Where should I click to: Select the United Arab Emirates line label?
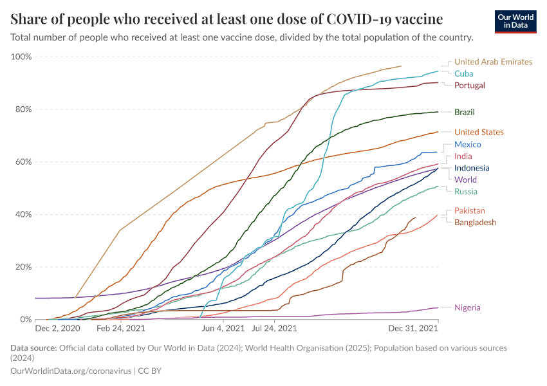tap(493, 62)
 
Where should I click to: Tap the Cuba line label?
tap(463, 73)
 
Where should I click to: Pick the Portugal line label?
tap(469, 85)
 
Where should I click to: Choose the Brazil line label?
tap(465, 112)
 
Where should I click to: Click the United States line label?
tap(479, 132)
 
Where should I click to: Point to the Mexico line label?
tap(468, 144)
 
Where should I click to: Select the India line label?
tap(463, 156)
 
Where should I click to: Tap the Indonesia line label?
tap(472, 168)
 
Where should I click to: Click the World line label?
tap(465, 179)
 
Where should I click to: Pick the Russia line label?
tap(465, 191)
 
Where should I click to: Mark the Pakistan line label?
tap(470, 210)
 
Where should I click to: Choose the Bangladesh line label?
tap(475, 222)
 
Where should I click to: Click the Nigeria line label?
tap(467, 308)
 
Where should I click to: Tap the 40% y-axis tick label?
tap(23, 214)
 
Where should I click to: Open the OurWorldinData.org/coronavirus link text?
tap(70, 371)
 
